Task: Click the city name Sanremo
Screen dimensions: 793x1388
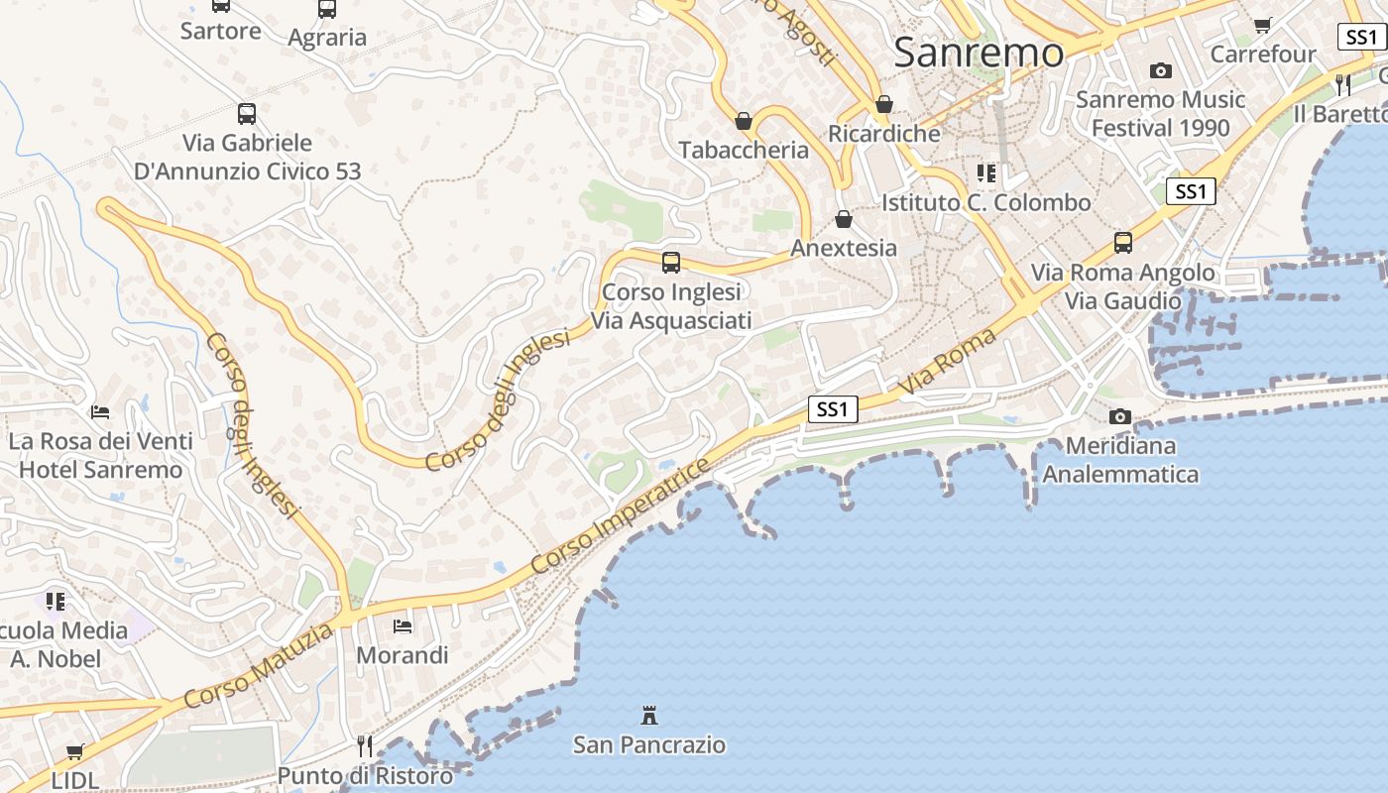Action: click(979, 53)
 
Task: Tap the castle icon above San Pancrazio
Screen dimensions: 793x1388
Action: click(649, 715)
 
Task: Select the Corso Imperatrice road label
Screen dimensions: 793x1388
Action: click(622, 516)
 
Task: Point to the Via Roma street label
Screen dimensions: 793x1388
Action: click(948, 363)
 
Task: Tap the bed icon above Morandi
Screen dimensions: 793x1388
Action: click(403, 626)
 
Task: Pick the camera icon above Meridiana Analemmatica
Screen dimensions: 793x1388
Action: click(1120, 416)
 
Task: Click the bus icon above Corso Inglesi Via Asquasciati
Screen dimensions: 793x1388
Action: click(671, 263)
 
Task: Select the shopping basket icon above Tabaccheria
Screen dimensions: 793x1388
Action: click(744, 121)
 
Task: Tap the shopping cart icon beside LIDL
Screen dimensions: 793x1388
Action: click(75, 751)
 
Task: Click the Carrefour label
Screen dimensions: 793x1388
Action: click(1263, 54)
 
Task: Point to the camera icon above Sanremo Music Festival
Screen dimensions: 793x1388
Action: click(1160, 70)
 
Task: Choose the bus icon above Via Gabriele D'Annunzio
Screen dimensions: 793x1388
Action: click(247, 114)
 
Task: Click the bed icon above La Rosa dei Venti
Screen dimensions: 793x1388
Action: click(100, 411)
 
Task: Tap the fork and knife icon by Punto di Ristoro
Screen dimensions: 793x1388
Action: click(365, 745)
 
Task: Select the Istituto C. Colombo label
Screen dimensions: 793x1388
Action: click(986, 202)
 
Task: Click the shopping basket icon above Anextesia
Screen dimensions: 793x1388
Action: click(844, 219)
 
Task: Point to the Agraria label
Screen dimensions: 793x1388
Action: click(327, 38)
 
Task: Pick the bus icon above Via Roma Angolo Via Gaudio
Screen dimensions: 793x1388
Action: click(1123, 243)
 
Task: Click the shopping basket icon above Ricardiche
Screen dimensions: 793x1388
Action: click(884, 104)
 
